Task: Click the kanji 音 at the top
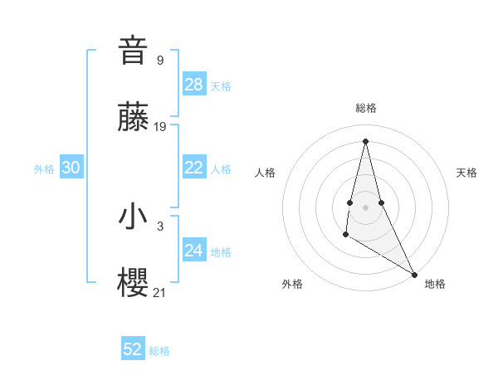(134, 51)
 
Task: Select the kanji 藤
(134, 118)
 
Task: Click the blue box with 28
(194, 85)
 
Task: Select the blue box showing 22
(194, 168)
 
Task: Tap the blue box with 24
(194, 251)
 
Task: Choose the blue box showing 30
(71, 168)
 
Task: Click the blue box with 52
(133, 349)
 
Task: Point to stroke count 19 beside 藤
(161, 127)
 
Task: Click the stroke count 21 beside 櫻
(160, 292)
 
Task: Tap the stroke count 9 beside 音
(160, 60)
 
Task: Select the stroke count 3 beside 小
(160, 226)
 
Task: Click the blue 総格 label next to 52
(159, 351)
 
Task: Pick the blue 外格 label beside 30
(44, 169)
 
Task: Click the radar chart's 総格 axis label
(366, 108)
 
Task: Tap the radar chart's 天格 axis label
(466, 173)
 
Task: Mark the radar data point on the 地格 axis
(414, 273)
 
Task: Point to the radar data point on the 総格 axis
(365, 140)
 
